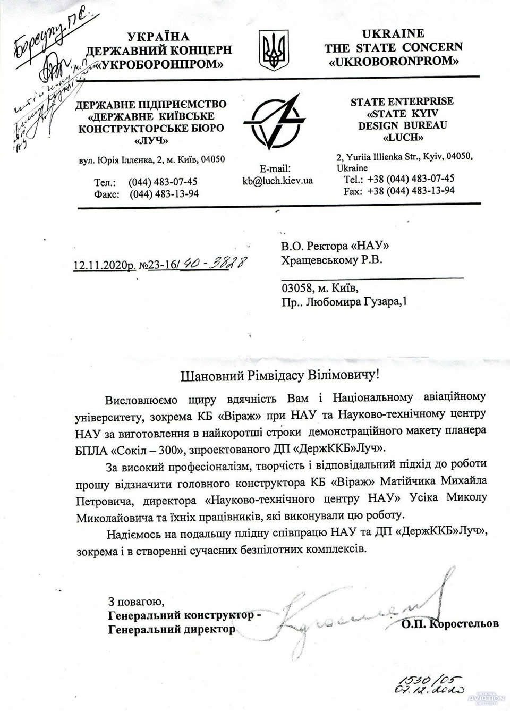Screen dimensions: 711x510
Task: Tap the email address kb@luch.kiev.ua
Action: (277, 180)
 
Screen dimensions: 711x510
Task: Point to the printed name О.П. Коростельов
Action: (450, 623)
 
